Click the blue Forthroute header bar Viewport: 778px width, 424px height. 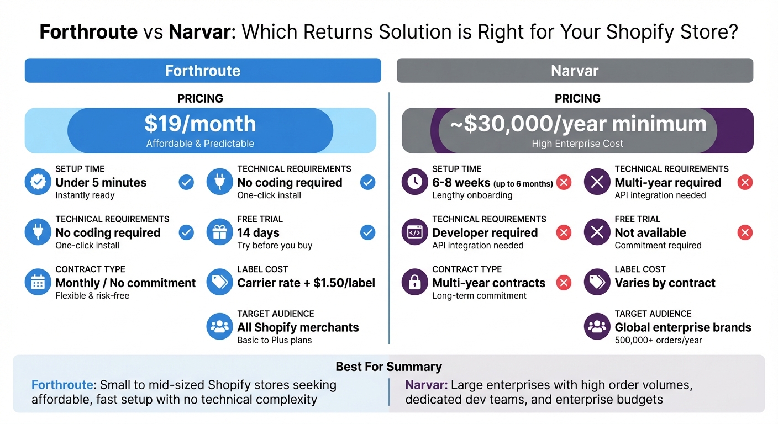coord(202,71)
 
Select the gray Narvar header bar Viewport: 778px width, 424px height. coord(575,71)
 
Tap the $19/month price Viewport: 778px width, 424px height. coord(200,124)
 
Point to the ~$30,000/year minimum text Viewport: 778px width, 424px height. coord(578,124)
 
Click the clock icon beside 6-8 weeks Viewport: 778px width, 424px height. coord(414,182)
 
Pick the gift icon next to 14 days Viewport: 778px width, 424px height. coord(219,232)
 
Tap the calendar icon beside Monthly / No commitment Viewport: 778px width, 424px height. coord(38,283)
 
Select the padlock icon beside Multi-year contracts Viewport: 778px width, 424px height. coord(414,283)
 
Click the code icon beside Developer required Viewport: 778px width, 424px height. coord(414,232)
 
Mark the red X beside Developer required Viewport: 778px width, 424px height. coord(564,232)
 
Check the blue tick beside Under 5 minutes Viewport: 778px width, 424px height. coord(187,182)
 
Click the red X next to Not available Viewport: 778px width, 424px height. coord(745,232)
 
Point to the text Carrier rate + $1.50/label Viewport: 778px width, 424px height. coord(306,283)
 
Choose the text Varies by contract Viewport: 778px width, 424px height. coord(665,283)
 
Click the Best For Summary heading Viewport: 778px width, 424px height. coord(388,367)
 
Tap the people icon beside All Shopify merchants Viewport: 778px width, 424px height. coord(219,327)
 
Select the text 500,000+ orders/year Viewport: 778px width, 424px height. coord(658,340)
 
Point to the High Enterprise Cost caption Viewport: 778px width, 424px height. coord(577,144)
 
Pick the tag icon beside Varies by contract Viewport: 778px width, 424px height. coord(597,283)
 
